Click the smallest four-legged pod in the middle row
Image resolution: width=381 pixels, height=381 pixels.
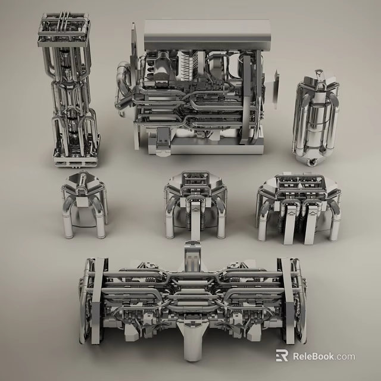[x=84, y=202]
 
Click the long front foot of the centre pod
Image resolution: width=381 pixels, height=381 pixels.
[x=195, y=230]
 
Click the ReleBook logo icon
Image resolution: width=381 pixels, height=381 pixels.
[x=282, y=356]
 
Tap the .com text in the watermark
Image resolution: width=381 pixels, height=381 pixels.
[x=345, y=357]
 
